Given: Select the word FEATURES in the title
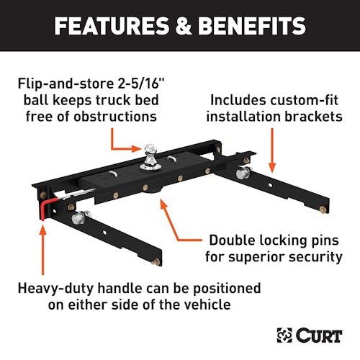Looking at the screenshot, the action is click(x=112, y=26).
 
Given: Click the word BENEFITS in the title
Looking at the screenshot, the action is click(x=252, y=26).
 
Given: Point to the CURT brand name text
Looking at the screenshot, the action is click(x=319, y=336).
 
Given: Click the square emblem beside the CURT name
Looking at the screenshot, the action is click(x=284, y=335).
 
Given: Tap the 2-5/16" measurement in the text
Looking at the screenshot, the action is click(x=141, y=84).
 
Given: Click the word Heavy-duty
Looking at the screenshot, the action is click(x=55, y=289).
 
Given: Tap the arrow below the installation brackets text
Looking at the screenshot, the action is click(x=272, y=150).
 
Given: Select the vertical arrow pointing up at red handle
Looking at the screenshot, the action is click(x=43, y=250).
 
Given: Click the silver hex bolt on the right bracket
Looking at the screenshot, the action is click(x=243, y=174).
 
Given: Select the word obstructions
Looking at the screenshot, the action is click(x=115, y=117).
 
